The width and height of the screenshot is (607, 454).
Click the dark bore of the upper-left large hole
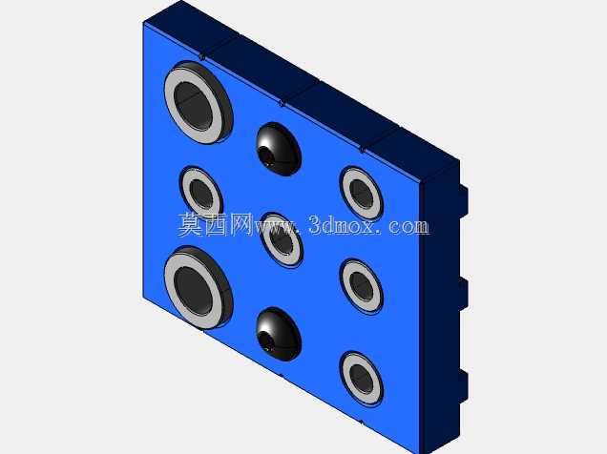click(193, 106)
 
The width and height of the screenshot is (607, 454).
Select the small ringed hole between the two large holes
click(201, 193)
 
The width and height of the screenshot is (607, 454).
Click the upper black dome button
click(279, 149)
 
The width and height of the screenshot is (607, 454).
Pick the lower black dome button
click(279, 334)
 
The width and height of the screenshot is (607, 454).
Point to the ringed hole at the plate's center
click(282, 240)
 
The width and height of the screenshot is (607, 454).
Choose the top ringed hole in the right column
click(362, 193)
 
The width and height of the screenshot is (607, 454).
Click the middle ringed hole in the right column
click(362, 285)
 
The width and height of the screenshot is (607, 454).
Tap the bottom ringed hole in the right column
click(362, 378)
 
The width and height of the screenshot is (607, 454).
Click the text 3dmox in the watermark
click(343, 225)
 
